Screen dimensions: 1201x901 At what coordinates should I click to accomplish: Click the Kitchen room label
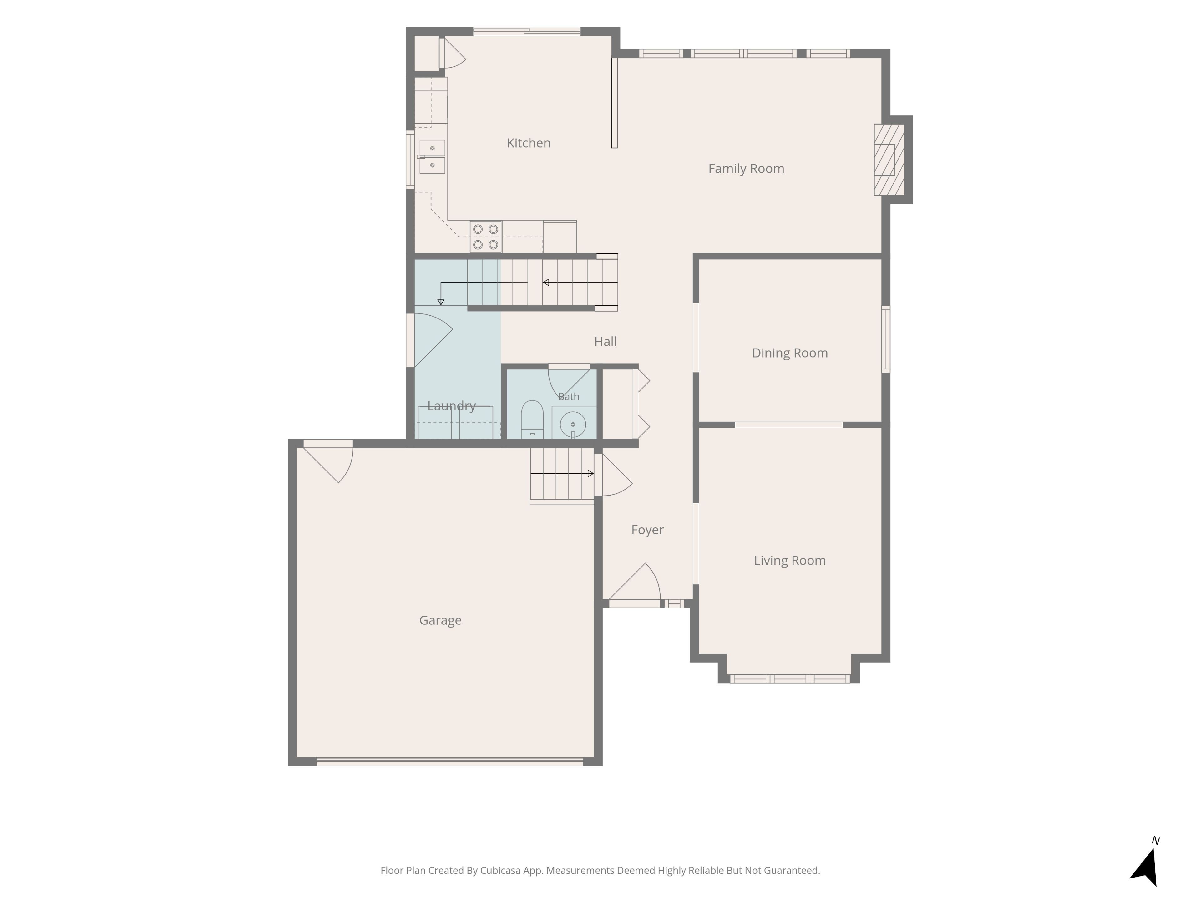(528, 143)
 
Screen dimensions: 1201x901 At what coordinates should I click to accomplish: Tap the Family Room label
(746, 169)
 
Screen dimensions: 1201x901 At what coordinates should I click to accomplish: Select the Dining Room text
(789, 353)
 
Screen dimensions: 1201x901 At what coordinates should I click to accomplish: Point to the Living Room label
(789, 561)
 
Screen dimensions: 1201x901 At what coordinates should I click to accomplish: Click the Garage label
(440, 620)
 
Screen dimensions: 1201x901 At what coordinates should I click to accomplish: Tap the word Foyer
(647, 530)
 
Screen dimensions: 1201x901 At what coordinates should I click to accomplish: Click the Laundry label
(451, 406)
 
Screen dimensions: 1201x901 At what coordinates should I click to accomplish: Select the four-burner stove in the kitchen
(485, 237)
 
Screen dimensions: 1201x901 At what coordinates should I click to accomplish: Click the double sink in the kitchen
(432, 156)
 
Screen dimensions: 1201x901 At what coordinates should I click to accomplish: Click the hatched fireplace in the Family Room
(889, 160)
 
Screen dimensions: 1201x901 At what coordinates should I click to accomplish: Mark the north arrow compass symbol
(1146, 866)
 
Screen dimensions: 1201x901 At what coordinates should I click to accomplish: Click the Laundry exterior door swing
(433, 340)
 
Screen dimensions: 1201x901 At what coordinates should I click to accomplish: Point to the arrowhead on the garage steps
(591, 474)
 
